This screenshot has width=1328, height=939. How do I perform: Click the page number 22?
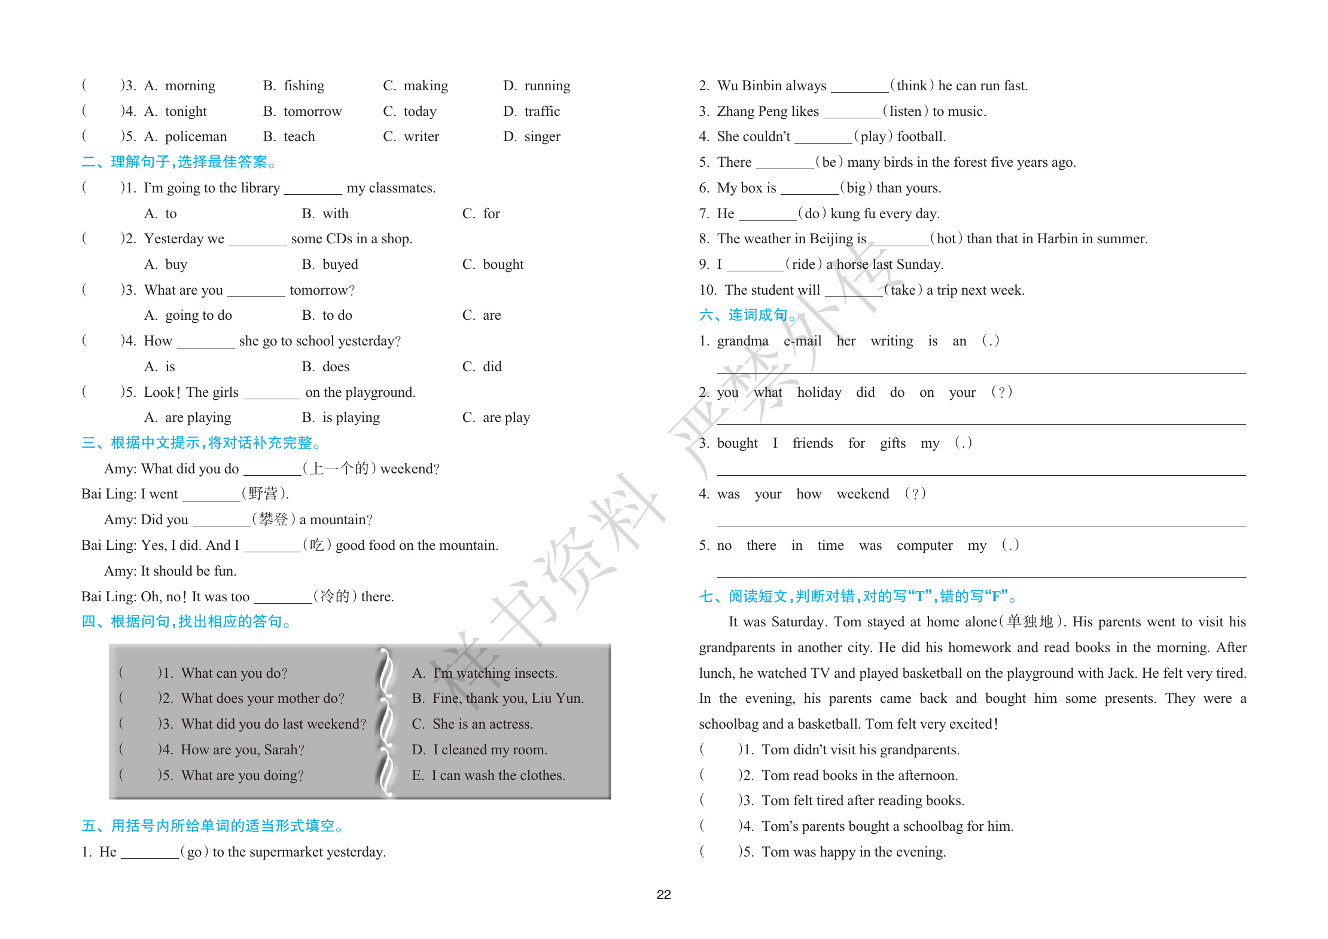coord(663,894)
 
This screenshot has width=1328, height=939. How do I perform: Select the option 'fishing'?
coord(303,86)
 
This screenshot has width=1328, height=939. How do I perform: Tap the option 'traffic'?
coord(541,112)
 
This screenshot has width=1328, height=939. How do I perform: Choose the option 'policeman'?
coord(196,137)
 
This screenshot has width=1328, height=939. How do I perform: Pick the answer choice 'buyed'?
coord(340,265)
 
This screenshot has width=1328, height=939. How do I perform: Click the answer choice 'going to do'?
coord(198,316)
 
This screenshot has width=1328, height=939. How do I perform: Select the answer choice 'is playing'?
coord(351,418)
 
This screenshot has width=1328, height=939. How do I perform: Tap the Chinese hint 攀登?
coord(274,519)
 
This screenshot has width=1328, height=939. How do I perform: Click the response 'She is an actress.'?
coord(482,724)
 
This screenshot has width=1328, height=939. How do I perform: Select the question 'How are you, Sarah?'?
coord(242,750)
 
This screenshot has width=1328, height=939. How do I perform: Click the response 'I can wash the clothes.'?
coord(498,776)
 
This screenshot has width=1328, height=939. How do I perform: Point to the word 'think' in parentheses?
coord(912,86)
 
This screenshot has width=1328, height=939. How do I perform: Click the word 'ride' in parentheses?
coord(803,265)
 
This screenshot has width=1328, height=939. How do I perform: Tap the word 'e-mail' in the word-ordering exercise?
coord(802,341)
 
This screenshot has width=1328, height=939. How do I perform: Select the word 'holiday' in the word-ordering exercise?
coord(819,393)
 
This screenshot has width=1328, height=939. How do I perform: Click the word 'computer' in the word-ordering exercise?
coord(924,546)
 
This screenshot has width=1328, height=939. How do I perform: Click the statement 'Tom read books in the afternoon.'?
coord(859,776)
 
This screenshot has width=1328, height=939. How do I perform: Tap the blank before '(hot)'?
coord(899,240)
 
